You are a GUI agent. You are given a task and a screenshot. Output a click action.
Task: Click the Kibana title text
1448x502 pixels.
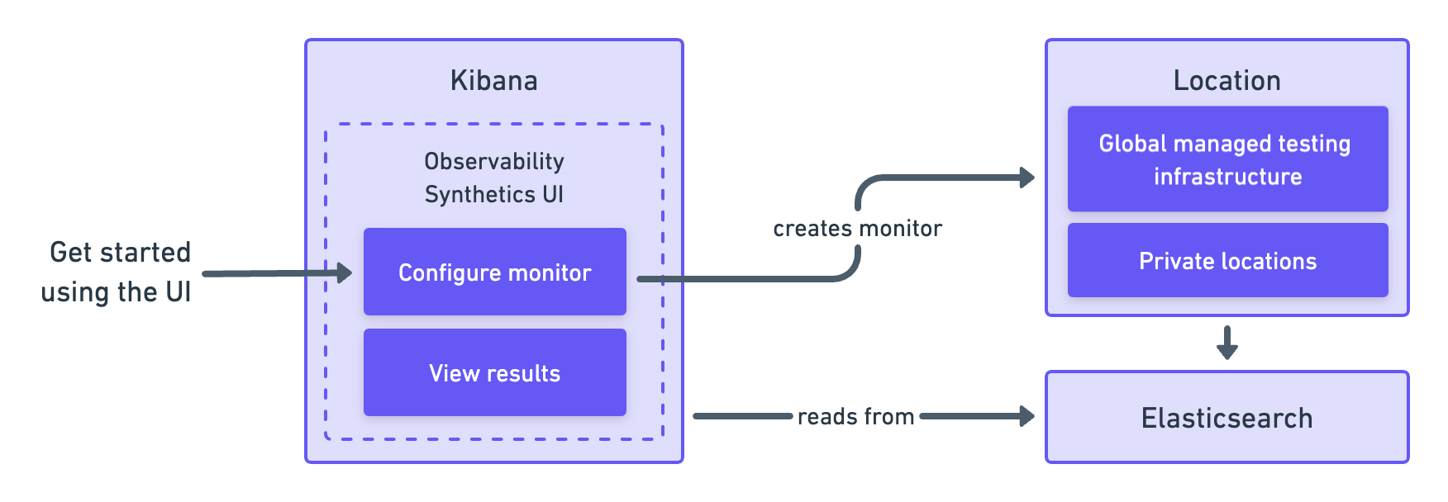click(493, 81)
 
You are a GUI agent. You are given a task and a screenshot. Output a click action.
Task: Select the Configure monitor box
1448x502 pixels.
click(494, 272)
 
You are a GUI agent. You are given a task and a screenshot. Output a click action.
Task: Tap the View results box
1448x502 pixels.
click(494, 372)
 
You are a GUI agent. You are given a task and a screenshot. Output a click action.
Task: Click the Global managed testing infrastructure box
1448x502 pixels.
click(1227, 159)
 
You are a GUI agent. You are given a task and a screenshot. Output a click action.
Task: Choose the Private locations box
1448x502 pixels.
click(1227, 260)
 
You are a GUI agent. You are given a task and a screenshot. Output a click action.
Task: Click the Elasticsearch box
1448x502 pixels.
click(1227, 417)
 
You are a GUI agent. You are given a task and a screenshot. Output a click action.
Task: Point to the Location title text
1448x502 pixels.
click(1227, 81)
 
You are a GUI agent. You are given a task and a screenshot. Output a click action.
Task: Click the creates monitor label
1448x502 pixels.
click(857, 229)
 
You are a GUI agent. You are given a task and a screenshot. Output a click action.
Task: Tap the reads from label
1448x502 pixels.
click(855, 416)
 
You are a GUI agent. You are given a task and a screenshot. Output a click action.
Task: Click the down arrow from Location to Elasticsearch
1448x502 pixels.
click(1227, 343)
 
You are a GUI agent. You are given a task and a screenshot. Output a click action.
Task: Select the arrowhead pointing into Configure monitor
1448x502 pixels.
click(344, 272)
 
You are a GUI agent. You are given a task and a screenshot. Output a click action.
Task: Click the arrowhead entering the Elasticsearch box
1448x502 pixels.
click(1026, 416)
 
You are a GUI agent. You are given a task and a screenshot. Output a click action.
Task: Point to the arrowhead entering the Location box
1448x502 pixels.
click(1026, 177)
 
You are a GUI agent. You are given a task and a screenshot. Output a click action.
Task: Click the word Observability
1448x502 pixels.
click(493, 161)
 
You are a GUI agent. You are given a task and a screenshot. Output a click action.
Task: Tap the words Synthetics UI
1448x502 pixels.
click(493, 194)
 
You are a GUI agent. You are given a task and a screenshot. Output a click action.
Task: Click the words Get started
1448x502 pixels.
click(120, 252)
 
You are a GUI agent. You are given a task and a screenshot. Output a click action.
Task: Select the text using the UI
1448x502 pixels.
click(116, 291)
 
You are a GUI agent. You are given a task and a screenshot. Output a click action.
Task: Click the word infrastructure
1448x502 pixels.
click(1227, 177)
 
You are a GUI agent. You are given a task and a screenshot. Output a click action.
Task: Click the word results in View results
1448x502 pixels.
click(523, 373)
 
